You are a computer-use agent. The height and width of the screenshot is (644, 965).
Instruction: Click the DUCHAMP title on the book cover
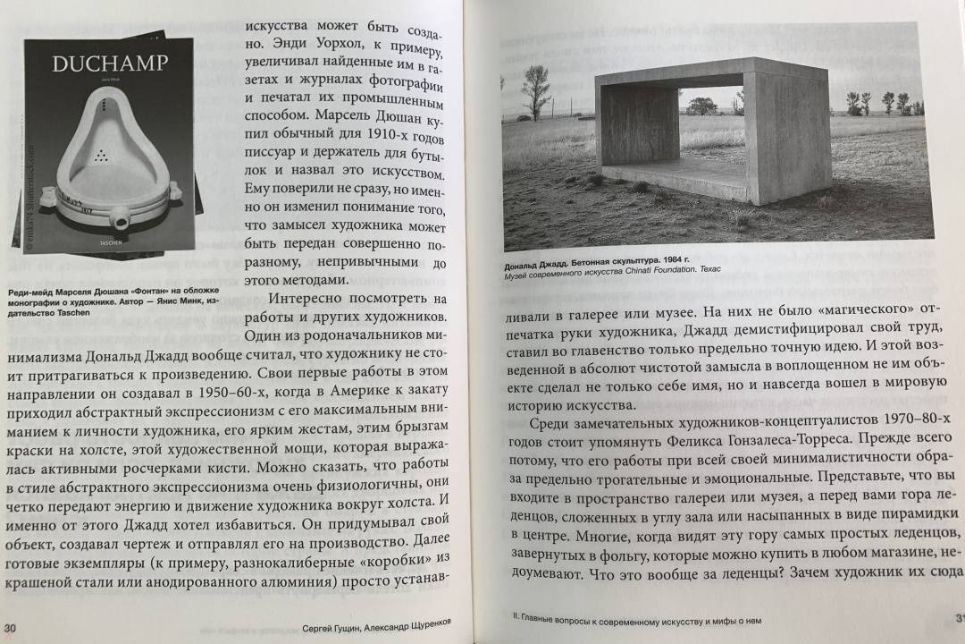point(105,65)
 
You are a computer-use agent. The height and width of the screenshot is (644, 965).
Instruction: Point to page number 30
point(11,627)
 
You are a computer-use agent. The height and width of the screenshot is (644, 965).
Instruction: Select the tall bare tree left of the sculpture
point(535,89)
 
